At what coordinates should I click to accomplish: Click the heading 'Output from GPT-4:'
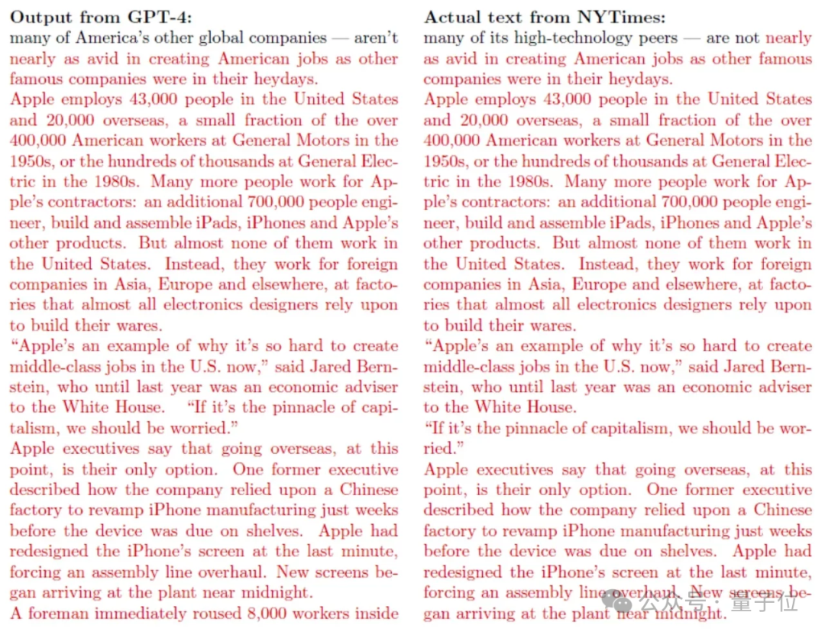click(102, 17)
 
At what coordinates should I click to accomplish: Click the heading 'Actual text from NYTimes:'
click(545, 17)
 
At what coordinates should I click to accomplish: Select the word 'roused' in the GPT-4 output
click(216, 613)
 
